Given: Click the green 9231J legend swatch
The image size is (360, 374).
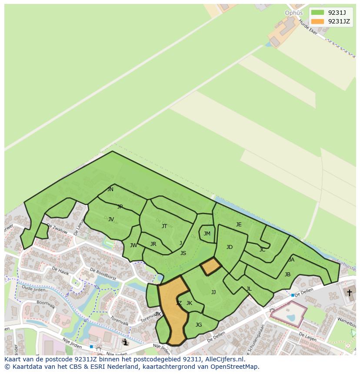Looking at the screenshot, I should [317, 12].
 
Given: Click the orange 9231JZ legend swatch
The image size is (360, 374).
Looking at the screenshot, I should [317, 21].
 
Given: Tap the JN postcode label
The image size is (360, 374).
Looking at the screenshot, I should [110, 189].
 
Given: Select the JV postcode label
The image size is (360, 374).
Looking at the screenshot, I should [111, 219].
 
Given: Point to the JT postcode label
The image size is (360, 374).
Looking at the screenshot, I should [164, 226].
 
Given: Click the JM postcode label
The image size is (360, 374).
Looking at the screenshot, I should [207, 234].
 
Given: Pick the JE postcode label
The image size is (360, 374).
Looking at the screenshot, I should [239, 225].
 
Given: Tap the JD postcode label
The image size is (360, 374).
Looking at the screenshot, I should [230, 247].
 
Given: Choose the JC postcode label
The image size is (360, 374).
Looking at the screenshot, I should [262, 250].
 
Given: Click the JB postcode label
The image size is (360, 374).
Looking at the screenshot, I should [287, 275].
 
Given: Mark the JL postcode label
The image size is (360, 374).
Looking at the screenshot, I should [249, 289].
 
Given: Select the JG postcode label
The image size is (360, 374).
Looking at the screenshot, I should [199, 325].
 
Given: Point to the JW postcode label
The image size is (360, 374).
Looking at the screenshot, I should [133, 245].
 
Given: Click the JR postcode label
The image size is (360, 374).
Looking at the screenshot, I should [153, 244].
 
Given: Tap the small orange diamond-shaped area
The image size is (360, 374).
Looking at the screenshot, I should [211, 266].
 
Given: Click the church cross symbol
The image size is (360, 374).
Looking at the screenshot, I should [349, 293].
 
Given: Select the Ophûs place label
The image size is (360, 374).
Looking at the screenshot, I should [293, 13].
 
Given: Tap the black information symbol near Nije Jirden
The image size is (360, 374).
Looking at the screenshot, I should [126, 342].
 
